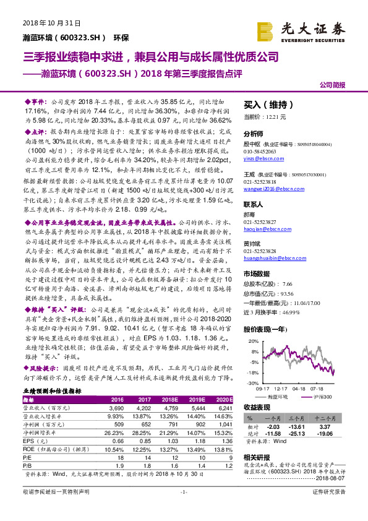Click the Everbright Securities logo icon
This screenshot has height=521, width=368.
pyautogui.click(x=267, y=29)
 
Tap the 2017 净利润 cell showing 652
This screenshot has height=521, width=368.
pyautogui.click(x=142, y=423)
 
